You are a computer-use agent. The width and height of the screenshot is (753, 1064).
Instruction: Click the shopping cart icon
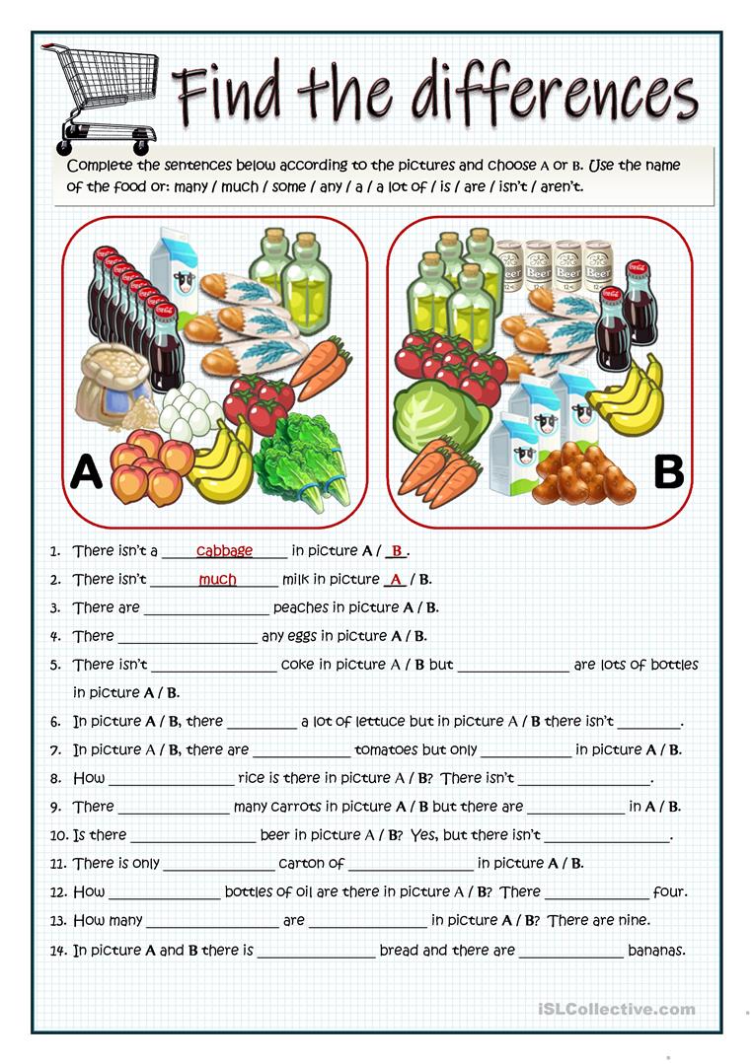click(x=98, y=98)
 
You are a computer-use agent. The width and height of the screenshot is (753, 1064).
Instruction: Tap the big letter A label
click(x=87, y=474)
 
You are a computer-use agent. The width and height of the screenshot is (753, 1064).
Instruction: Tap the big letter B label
click(x=669, y=472)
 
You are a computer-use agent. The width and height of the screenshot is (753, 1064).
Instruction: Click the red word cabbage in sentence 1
click(x=224, y=550)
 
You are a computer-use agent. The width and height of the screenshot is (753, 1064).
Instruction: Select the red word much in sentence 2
click(x=217, y=579)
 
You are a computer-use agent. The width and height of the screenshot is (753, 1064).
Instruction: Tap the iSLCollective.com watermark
click(x=617, y=1009)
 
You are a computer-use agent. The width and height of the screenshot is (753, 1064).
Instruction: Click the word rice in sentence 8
click(x=253, y=778)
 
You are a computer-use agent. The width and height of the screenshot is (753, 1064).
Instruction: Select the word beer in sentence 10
click(x=274, y=835)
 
